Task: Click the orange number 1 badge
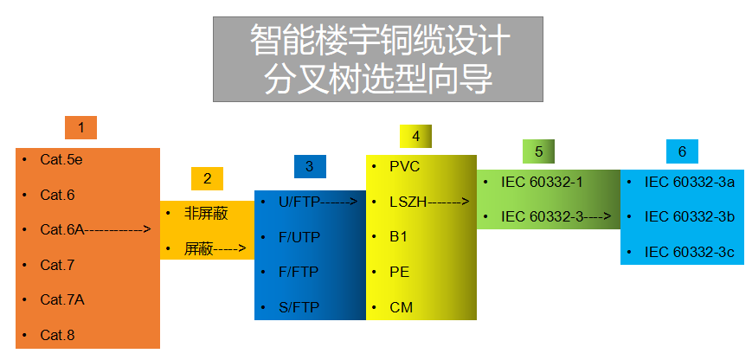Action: pos(80,128)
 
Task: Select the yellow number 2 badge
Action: pos(207,179)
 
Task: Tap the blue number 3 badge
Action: pos(309,166)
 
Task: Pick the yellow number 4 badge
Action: pos(415,136)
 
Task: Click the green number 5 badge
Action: pos(538,151)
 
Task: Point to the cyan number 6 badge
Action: pos(682,151)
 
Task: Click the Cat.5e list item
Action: pos(61,160)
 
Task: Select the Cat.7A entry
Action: pos(62,299)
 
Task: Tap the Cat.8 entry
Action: pos(58,335)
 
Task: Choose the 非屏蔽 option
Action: pos(206,213)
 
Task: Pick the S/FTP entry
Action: pos(299,307)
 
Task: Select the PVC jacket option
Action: pos(404,166)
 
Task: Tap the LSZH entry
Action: pos(406,202)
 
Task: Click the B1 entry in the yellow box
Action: pos(398,236)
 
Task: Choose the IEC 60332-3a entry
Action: pos(690,182)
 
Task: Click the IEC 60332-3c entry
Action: pos(690,252)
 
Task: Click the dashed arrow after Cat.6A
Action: pos(119,230)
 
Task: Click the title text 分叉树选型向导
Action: pos(378,80)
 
